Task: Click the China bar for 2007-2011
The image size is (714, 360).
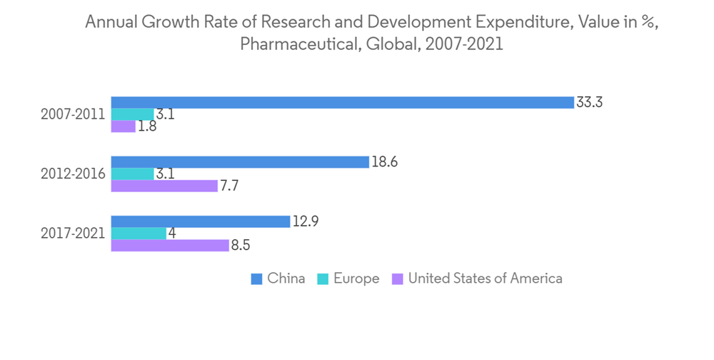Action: point(342,102)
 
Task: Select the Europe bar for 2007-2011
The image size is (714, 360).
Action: point(132,114)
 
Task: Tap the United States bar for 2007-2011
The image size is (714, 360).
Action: point(123,126)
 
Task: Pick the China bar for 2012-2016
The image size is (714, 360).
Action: point(240,162)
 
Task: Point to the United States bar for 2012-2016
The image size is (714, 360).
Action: point(164,186)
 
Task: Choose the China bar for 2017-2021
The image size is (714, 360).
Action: point(201,221)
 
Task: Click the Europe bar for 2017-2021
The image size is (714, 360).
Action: point(139,234)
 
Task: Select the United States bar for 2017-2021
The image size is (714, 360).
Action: point(170,246)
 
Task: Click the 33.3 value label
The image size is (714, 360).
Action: point(590,102)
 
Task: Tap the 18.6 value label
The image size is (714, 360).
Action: point(384,162)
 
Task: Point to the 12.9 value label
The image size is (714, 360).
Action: point(305,221)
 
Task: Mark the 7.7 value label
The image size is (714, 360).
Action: point(230,186)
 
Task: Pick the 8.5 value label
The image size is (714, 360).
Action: point(241,246)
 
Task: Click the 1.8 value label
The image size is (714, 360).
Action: point(147,127)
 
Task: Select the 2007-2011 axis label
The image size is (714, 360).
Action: point(73,114)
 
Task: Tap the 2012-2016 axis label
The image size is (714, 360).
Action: point(73,174)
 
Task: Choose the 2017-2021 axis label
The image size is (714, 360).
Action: point(73,234)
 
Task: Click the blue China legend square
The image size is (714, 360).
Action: point(256,279)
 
